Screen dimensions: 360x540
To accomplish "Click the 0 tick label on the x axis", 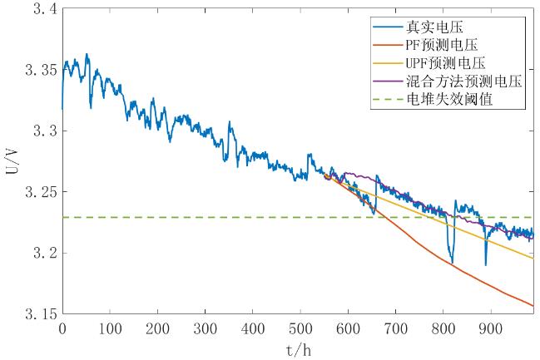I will point(62,329).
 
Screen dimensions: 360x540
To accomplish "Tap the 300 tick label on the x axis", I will point(205,329).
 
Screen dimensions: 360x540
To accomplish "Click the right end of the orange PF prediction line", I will point(533,306).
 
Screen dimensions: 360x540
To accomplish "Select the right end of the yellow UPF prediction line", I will point(533,258).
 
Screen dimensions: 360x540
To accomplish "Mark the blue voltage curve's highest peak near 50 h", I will point(87,55).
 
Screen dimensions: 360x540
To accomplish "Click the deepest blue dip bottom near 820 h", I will point(452,263).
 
